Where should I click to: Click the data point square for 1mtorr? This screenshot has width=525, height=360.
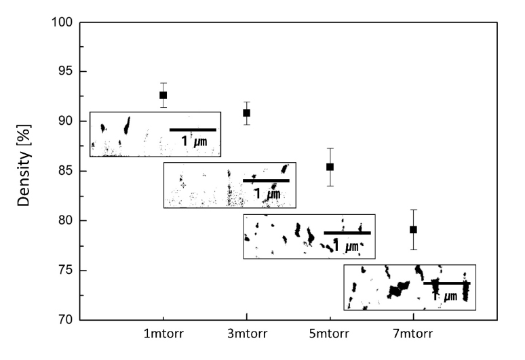click(x=163, y=96)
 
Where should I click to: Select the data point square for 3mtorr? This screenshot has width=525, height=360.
click(x=246, y=113)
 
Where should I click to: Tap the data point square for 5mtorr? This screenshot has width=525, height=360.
click(x=330, y=167)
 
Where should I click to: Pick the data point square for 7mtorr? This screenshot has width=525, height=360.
click(x=413, y=230)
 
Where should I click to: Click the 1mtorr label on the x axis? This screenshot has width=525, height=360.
click(x=163, y=336)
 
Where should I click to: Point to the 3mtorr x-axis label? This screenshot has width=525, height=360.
click(x=246, y=336)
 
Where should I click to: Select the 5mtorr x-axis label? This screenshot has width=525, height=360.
click(x=330, y=336)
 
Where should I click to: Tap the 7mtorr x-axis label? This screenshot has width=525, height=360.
click(x=413, y=336)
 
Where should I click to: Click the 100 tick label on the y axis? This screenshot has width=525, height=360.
click(x=61, y=22)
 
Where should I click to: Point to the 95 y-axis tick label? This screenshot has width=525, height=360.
click(x=64, y=72)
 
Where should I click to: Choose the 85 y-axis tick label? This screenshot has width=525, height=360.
click(x=64, y=171)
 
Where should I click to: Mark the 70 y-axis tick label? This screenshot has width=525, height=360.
click(x=64, y=320)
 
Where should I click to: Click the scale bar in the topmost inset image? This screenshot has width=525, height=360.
click(x=193, y=129)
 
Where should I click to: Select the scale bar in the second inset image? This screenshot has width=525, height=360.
click(x=266, y=181)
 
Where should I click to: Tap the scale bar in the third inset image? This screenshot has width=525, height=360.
click(x=347, y=233)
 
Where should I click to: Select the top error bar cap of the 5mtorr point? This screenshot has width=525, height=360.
click(x=330, y=148)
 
